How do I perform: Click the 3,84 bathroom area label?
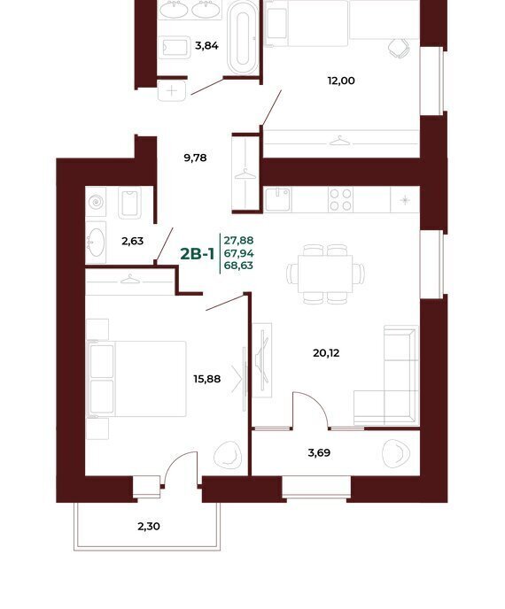206,46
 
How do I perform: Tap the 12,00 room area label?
341,81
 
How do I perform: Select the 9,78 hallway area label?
195,158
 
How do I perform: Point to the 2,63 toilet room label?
132,241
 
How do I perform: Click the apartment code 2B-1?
197,254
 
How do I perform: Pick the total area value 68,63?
238,266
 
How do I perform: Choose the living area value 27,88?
238,241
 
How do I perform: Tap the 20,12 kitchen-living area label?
326,353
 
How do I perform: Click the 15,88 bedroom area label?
206,379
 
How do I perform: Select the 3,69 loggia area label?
319,453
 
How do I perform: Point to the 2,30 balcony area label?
149,527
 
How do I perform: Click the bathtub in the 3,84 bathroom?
242,38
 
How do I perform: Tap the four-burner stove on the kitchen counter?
340,200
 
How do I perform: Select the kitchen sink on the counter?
277,199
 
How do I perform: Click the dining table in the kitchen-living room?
325,274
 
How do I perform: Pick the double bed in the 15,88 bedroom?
136,379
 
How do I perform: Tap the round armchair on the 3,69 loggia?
395,453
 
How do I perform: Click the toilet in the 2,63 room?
129,203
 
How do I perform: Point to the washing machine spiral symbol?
96,202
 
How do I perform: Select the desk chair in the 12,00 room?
399,48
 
